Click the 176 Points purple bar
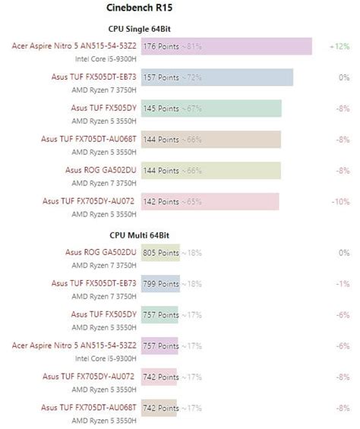click(226, 46)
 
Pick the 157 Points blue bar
click(216, 77)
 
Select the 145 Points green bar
click(211, 109)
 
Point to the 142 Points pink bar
click(210, 201)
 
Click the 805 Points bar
click(160, 253)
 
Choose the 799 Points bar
click(160, 284)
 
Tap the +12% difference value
click(339, 46)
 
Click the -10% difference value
click(340, 201)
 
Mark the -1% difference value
click(343, 284)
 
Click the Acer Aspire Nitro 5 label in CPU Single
click(74, 46)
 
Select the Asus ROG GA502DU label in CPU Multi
click(101, 253)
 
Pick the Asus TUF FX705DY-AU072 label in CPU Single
click(89, 201)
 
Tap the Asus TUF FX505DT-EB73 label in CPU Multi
click(94, 284)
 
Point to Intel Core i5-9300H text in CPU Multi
click(106, 357)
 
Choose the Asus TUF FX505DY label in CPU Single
click(104, 109)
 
